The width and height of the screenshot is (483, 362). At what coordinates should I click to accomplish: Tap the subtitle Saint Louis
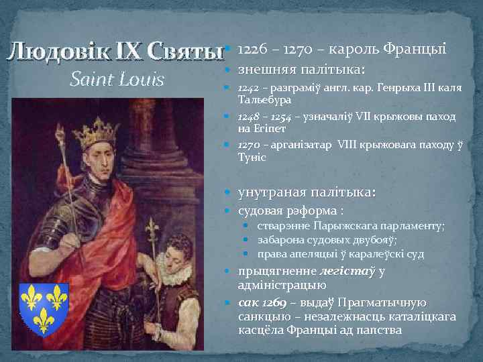[x=117, y=80]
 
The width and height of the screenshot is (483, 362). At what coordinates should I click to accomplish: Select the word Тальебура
[x=262, y=100]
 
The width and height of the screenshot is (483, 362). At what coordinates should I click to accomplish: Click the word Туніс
[x=252, y=157]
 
